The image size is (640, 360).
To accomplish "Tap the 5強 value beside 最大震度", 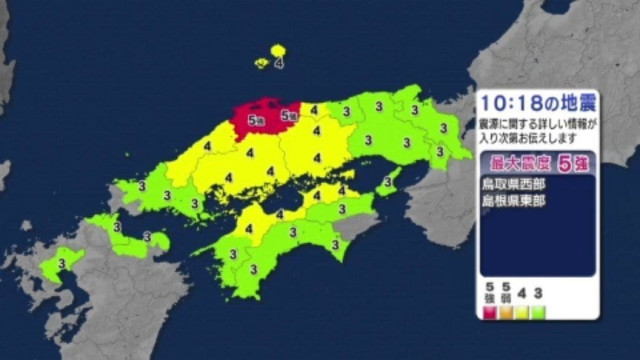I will (x=571, y=162).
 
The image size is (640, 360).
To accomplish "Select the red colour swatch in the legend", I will (x=491, y=311).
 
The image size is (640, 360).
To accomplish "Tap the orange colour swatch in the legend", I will (x=507, y=311).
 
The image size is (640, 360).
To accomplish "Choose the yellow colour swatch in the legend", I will (x=522, y=311).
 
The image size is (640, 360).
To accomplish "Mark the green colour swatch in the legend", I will (x=538, y=311).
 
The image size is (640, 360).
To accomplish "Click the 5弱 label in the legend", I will (x=507, y=293).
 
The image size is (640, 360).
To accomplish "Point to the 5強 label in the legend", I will (x=491, y=293).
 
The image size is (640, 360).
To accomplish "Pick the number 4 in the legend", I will (x=522, y=294).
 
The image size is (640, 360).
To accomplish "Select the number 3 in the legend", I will (x=538, y=294).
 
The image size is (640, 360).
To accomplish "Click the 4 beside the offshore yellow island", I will (x=278, y=63).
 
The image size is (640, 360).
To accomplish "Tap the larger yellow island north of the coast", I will (x=277, y=50).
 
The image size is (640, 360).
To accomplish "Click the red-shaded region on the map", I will (x=262, y=113).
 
